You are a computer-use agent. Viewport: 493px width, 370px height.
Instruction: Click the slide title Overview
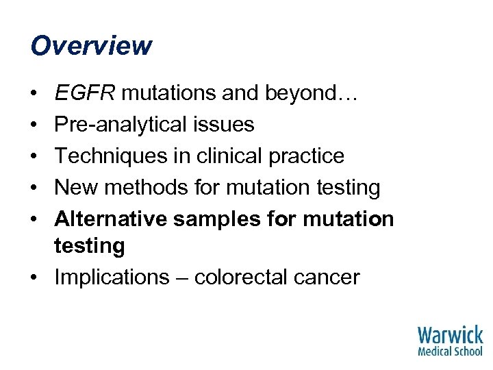91,46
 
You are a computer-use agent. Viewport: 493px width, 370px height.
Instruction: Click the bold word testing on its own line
89,246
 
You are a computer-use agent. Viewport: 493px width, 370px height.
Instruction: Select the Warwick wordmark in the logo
450,335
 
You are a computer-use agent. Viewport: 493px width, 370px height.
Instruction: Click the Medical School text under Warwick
450,351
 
